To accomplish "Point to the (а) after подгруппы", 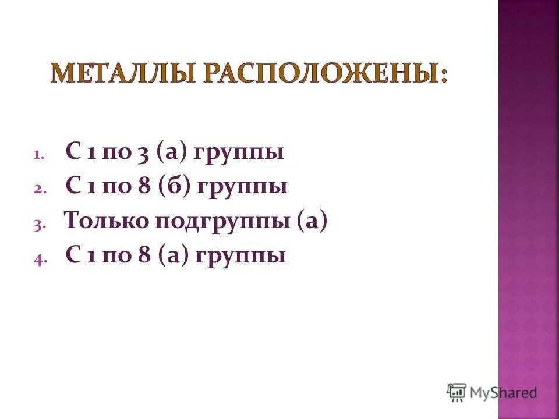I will tap(312, 222).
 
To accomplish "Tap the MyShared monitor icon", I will tap(457, 392).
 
